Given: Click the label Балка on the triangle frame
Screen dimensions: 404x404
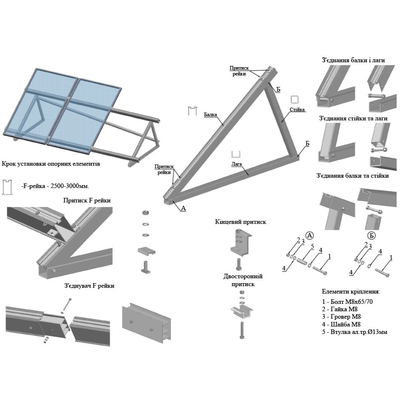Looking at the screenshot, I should point(210,114).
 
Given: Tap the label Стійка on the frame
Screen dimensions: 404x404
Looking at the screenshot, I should point(297,109).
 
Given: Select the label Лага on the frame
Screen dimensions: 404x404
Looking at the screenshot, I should point(237,164).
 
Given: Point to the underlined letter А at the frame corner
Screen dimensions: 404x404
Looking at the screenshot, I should point(183,208).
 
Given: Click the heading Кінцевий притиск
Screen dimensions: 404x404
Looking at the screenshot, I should point(241,222).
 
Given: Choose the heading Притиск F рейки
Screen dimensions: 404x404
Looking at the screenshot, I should point(87,200).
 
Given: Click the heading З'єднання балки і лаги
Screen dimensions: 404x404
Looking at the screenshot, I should point(353,60).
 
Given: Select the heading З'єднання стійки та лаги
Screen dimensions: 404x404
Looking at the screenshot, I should point(353,119).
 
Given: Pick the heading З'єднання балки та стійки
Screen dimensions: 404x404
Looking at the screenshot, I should point(353,176).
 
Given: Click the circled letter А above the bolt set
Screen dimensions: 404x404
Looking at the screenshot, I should point(310,235).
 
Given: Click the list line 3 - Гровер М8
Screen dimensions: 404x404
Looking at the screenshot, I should point(341,317).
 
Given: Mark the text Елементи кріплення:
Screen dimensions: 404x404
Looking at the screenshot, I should point(351,291).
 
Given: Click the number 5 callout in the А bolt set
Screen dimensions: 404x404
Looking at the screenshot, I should point(312,246).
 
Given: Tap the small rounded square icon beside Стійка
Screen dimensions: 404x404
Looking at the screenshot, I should point(295,100).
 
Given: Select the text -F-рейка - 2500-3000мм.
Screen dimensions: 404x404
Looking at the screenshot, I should point(55,186).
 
